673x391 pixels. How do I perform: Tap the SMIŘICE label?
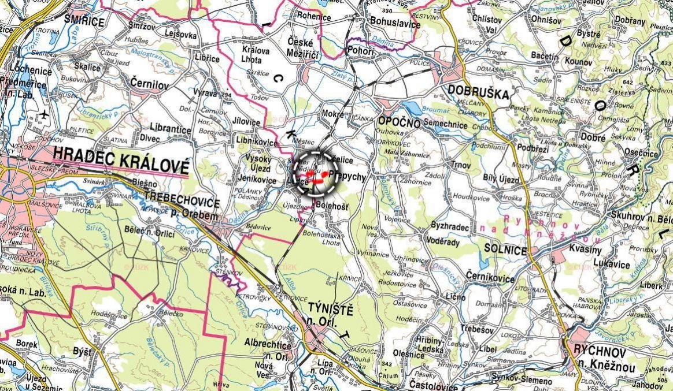(x=84, y=23)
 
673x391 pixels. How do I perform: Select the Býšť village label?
(x=82, y=351)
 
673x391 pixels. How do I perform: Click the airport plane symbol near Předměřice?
(x=45, y=116)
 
